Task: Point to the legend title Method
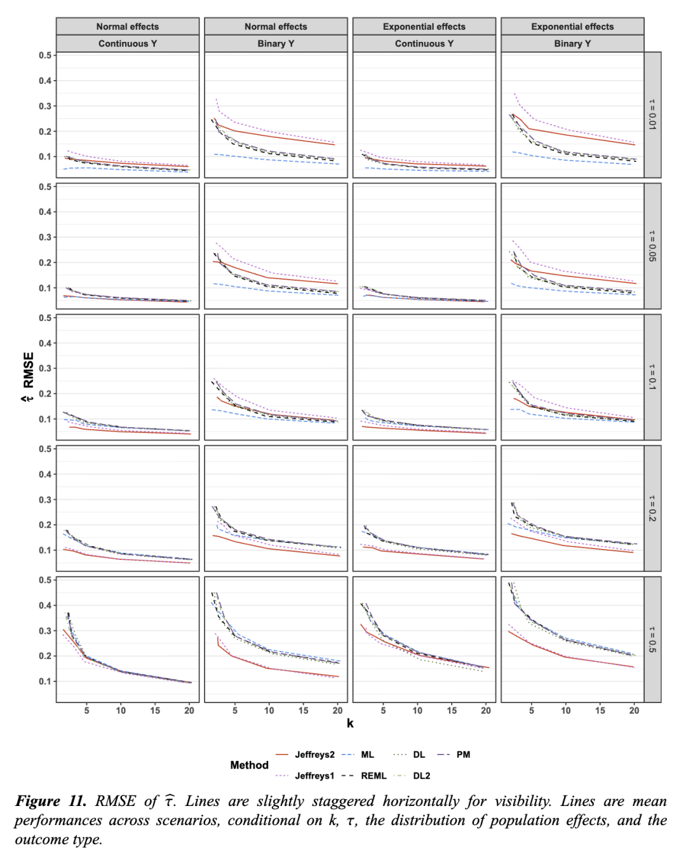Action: point(249,765)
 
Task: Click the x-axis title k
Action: point(350,723)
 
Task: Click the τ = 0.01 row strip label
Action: point(652,114)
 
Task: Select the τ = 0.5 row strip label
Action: point(652,639)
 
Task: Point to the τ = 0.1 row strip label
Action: point(652,377)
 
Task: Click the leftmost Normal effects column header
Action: point(128,27)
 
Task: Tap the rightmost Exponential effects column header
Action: point(572,27)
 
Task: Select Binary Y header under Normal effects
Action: point(276,43)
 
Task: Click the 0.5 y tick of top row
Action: point(45,55)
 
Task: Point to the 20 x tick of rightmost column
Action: point(634,711)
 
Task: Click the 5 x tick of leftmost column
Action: point(87,711)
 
